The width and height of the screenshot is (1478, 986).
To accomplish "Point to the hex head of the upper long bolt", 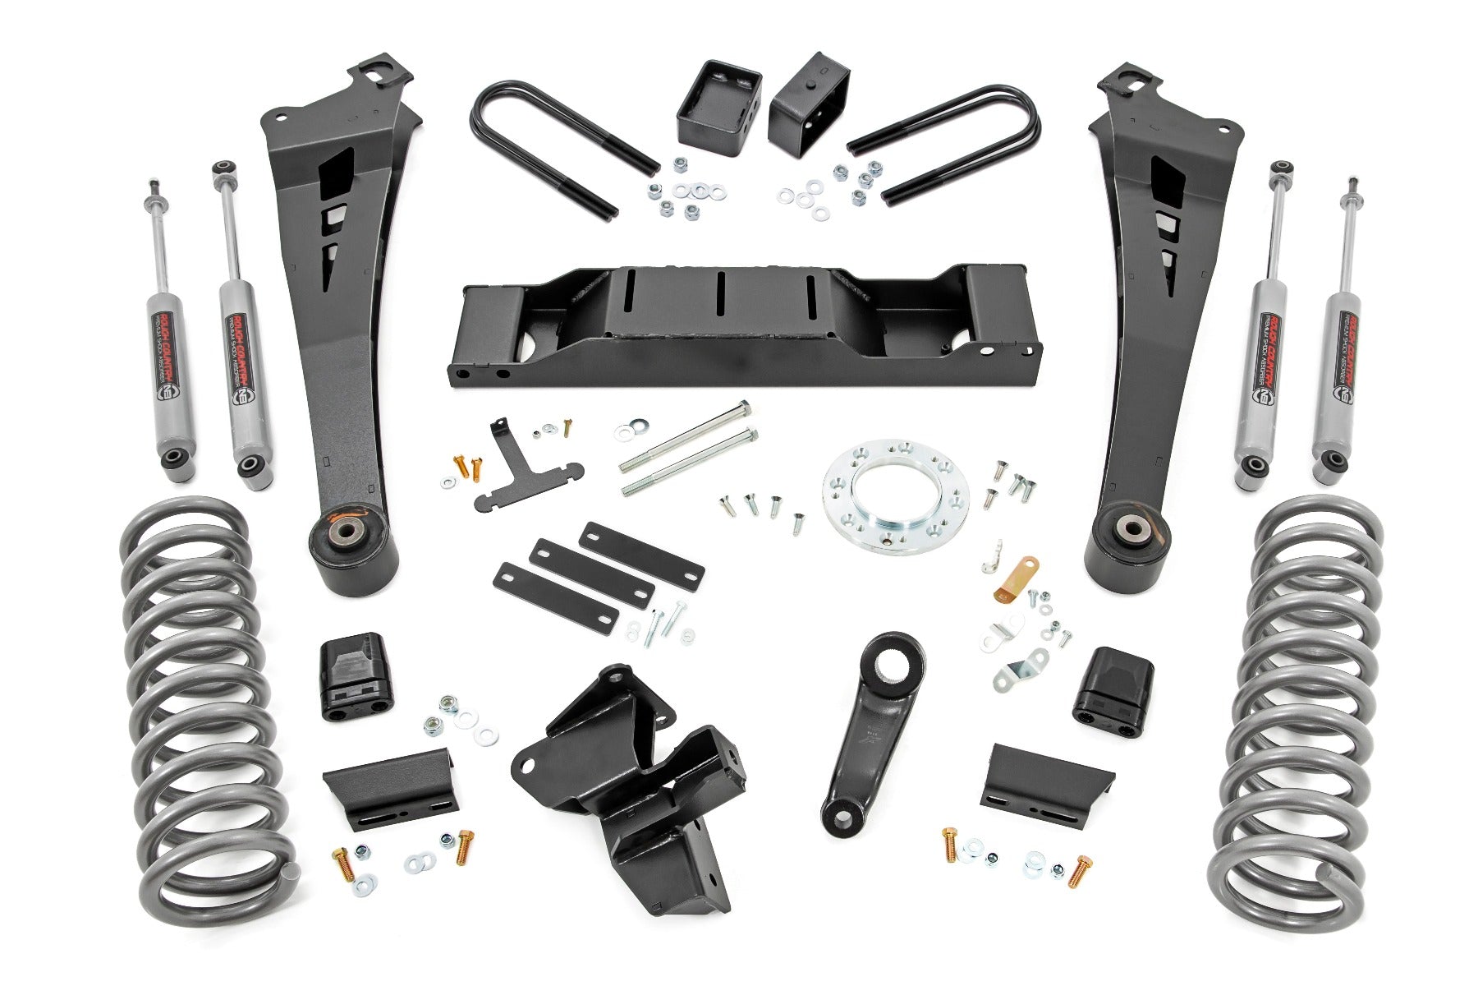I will (x=744, y=408).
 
